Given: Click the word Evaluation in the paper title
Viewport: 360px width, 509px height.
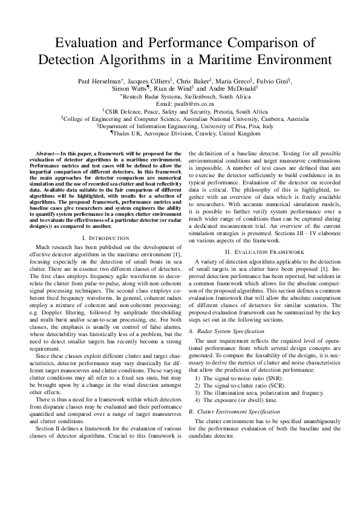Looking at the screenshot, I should [88, 42].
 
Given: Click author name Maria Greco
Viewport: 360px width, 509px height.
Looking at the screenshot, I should [234, 80].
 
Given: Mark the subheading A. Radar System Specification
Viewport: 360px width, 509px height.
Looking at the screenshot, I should [227, 331].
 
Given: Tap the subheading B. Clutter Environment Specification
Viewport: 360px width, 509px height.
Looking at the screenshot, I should [235, 411].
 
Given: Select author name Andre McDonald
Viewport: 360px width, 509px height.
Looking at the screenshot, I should [232, 88].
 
